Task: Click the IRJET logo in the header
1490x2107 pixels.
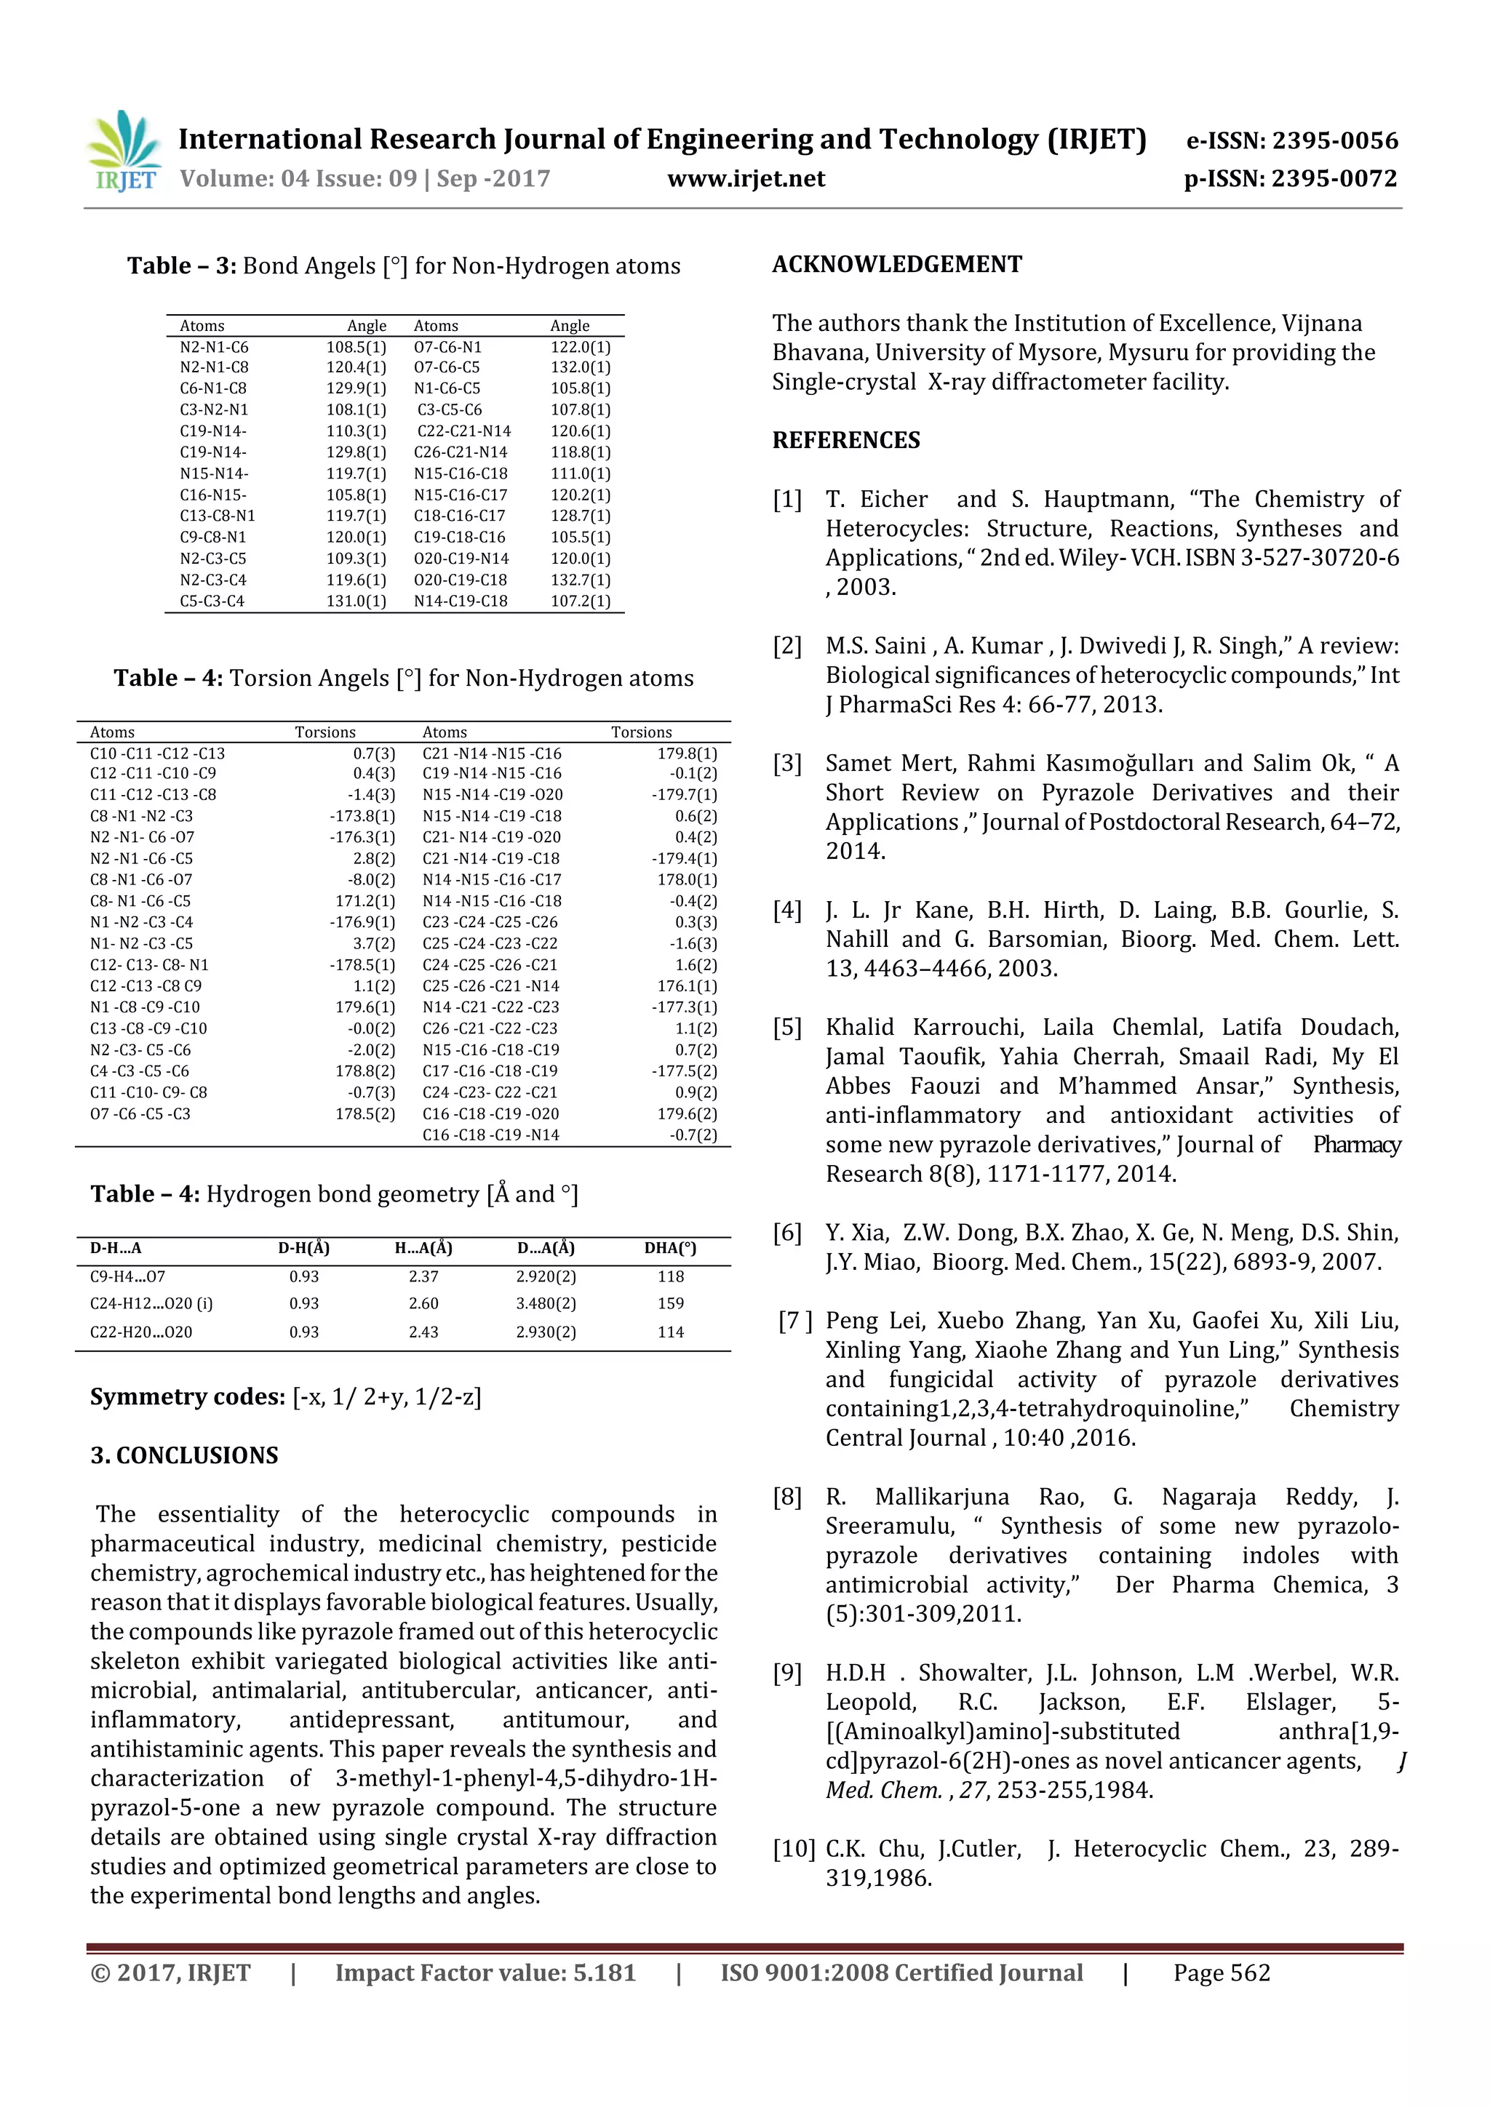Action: pos(124,151)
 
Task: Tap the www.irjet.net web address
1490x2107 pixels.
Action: pos(746,178)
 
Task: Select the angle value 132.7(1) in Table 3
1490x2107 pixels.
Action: pos(580,580)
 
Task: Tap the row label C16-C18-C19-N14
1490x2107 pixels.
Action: pos(490,1135)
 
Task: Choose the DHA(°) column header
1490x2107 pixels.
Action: pos(670,1248)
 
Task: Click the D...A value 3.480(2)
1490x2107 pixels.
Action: pos(546,1303)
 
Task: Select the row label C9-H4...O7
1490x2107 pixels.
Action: pos(127,1276)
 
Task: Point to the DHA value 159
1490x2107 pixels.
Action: pos(670,1303)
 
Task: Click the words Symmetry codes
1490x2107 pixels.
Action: pos(187,1396)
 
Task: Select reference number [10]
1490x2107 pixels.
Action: pos(793,1848)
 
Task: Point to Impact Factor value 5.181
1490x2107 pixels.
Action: pos(485,1973)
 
